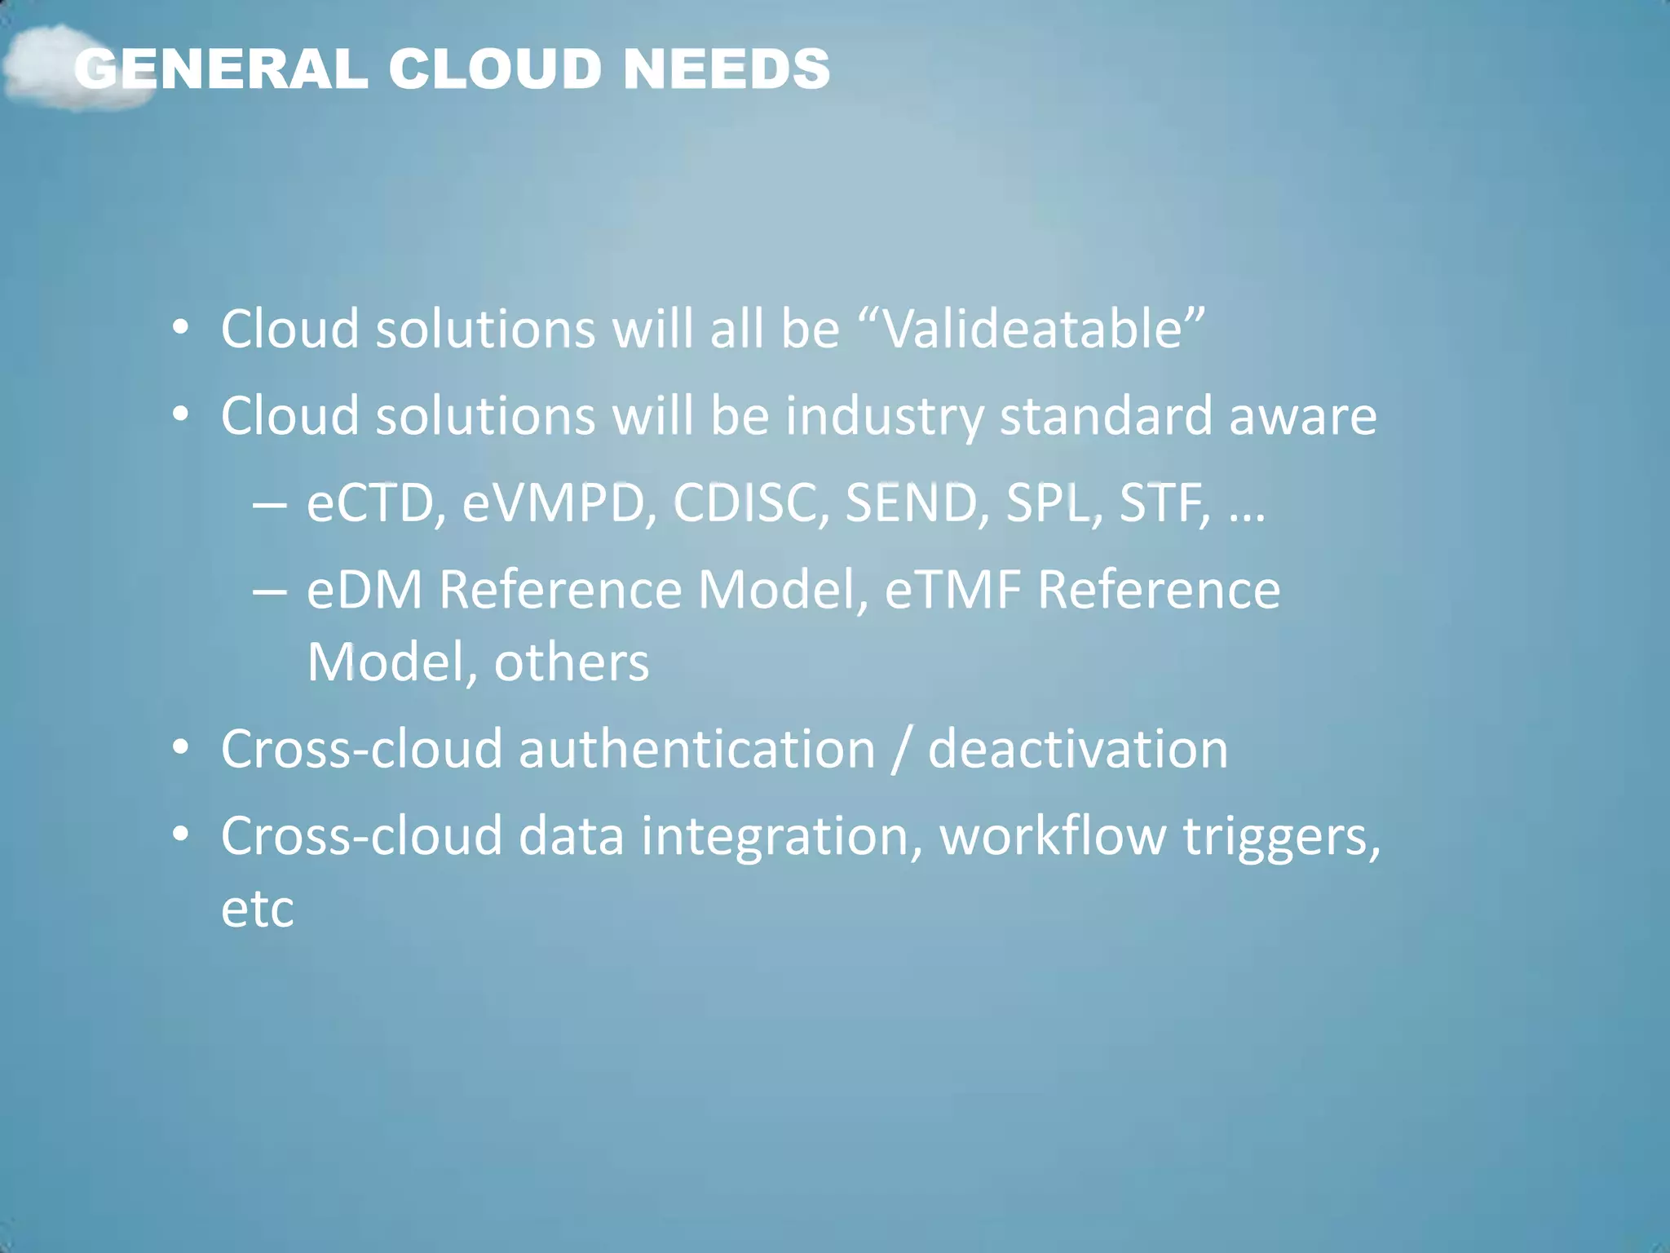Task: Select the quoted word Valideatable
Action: point(1032,329)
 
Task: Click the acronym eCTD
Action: point(371,503)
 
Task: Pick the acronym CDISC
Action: point(745,503)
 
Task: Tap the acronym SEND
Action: point(912,503)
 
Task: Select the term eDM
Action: point(364,589)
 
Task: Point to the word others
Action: point(572,662)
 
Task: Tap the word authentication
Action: point(697,749)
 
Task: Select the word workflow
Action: point(1053,836)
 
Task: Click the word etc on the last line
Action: point(257,908)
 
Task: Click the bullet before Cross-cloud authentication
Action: point(181,747)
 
